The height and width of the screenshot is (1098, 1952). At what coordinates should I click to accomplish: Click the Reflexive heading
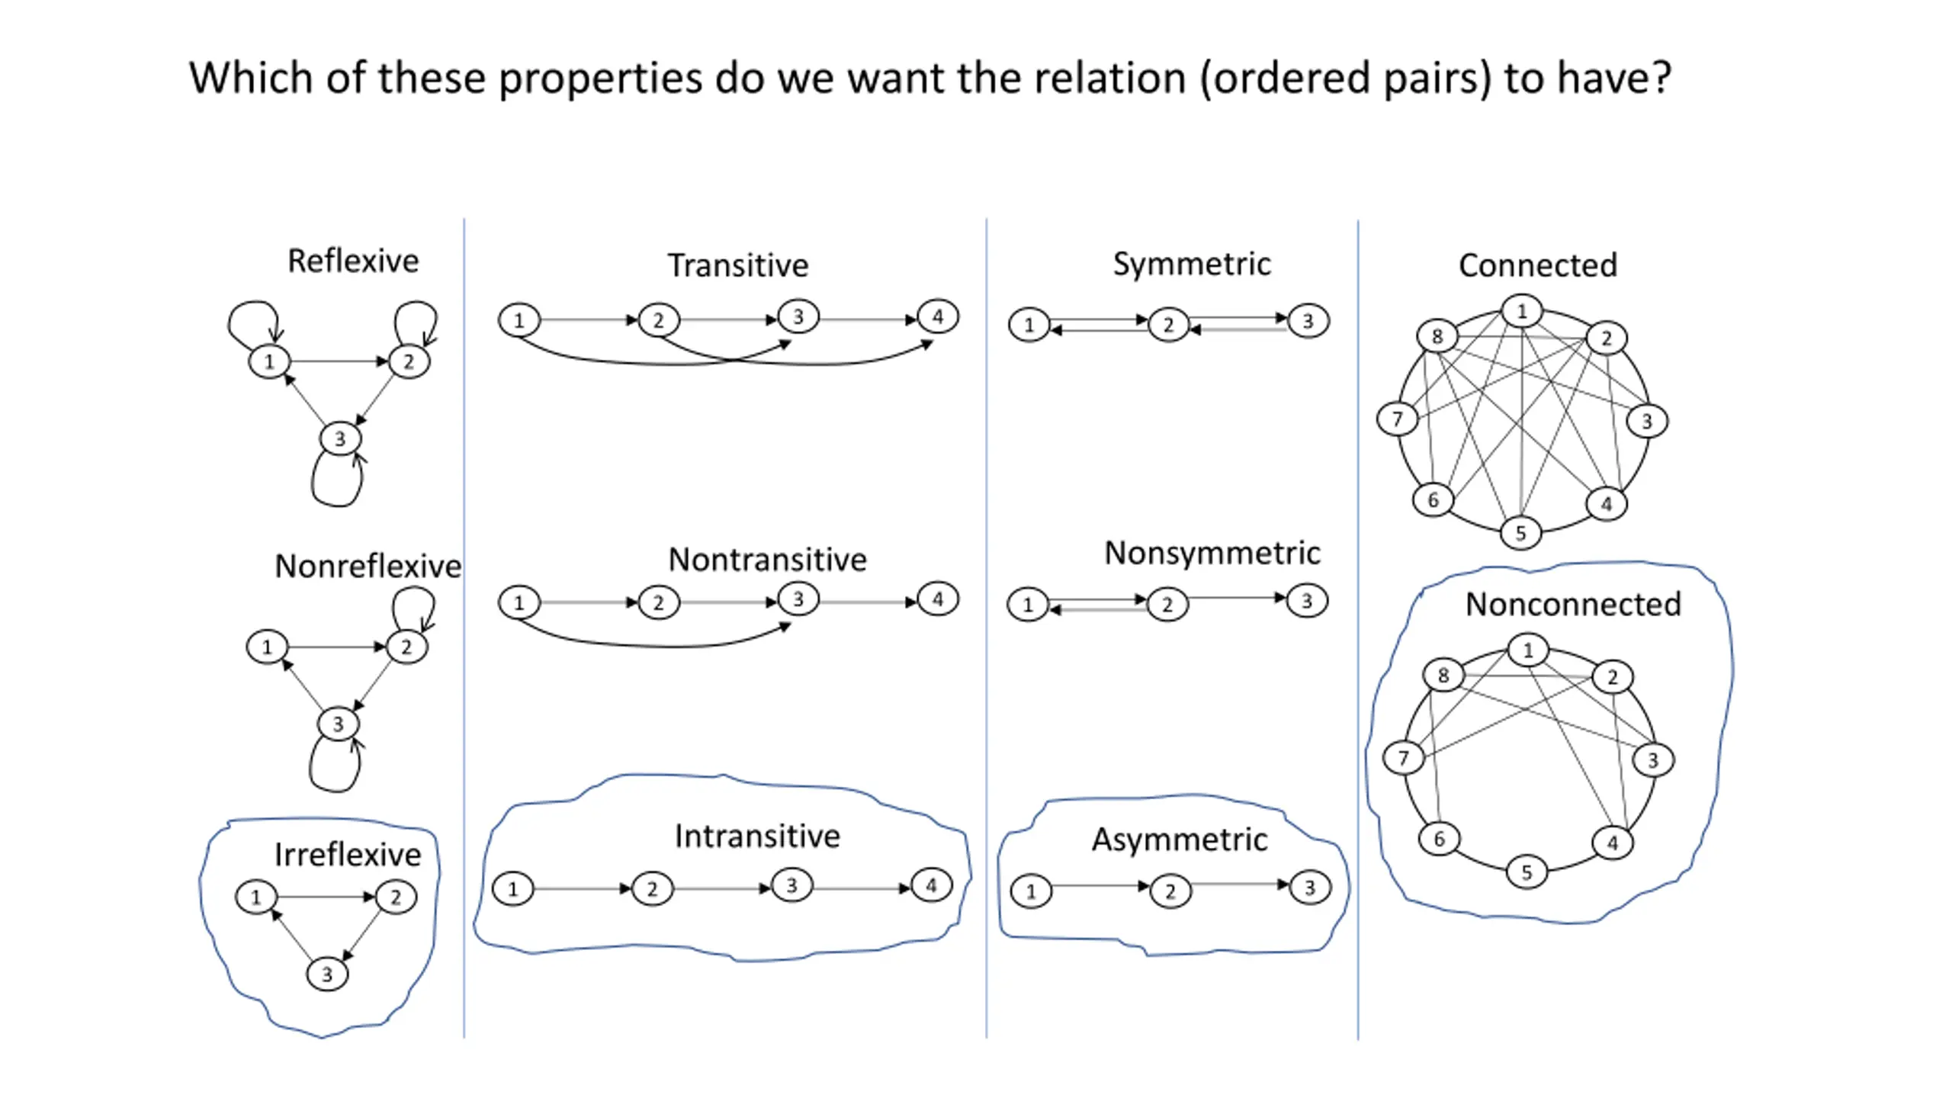pyautogui.click(x=353, y=261)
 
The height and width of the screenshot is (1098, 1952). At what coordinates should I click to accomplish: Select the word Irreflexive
pyautogui.click(x=348, y=854)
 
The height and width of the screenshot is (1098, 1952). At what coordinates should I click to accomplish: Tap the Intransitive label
pyautogui.click(x=757, y=836)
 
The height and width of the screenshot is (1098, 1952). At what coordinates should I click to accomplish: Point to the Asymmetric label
pyautogui.click(x=1180, y=840)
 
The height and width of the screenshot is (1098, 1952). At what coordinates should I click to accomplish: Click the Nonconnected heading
pyautogui.click(x=1573, y=604)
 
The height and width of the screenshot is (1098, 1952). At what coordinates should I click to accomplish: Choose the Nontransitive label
pyautogui.click(x=767, y=560)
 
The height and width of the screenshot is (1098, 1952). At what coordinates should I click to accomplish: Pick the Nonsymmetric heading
pyautogui.click(x=1212, y=554)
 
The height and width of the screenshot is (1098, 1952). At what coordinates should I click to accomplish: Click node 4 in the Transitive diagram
pyautogui.click(x=938, y=316)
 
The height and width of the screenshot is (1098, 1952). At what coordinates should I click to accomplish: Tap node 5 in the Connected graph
pyautogui.click(x=1520, y=533)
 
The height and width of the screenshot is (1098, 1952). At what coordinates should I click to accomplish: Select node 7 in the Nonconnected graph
pyautogui.click(x=1403, y=758)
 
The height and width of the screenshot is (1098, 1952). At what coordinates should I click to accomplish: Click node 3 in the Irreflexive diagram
pyautogui.click(x=327, y=974)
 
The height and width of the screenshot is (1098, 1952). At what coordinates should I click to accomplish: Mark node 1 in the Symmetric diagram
pyautogui.click(x=1029, y=325)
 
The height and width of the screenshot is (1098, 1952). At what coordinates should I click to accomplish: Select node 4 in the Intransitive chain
pyautogui.click(x=931, y=885)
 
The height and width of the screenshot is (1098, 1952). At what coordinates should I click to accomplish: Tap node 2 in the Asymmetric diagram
pyautogui.click(x=1170, y=891)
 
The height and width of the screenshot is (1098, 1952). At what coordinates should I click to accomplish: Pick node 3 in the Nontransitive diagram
pyautogui.click(x=798, y=599)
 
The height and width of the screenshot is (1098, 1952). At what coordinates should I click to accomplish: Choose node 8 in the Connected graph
pyautogui.click(x=1437, y=336)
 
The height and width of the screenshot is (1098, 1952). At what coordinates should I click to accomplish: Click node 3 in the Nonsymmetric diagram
pyautogui.click(x=1307, y=601)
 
